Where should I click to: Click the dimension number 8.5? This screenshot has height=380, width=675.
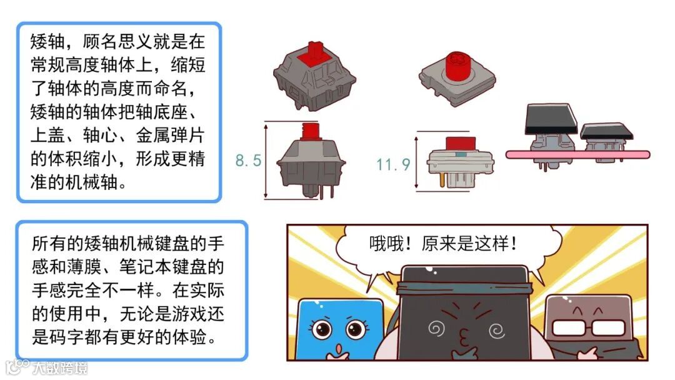pos(248,161)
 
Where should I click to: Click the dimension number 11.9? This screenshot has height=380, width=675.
pos(393,164)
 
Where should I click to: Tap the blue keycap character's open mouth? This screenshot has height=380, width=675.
pos(337,347)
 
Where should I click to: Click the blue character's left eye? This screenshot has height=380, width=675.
pos(321,328)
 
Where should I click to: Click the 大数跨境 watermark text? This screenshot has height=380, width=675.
pos(61,367)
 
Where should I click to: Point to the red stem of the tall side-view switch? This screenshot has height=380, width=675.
pos(311,131)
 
